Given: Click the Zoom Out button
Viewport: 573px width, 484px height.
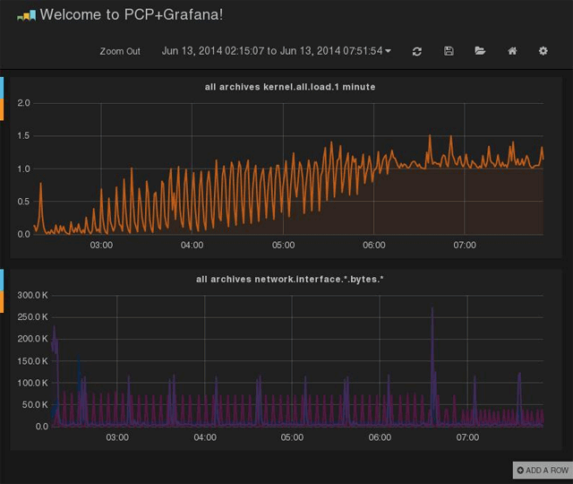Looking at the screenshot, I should (120, 51).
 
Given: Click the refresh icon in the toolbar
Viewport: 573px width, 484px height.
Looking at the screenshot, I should (417, 51).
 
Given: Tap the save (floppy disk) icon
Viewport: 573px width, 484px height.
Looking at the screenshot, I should (449, 51).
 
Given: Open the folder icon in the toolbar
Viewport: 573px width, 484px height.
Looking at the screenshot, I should (480, 51).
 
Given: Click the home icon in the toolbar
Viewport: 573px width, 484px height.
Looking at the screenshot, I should (512, 51).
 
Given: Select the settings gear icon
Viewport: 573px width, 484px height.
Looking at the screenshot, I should (543, 51).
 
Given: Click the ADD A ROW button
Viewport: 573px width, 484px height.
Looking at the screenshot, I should (542, 470).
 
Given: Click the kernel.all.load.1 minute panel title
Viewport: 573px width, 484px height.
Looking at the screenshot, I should (290, 87).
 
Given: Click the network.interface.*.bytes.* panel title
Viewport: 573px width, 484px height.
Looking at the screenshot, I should (290, 279).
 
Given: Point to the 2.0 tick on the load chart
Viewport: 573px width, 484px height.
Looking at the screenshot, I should (24, 103).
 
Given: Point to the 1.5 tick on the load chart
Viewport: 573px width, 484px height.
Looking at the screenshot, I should (24, 136).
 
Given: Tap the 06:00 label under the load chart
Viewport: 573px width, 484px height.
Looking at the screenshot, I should (374, 245).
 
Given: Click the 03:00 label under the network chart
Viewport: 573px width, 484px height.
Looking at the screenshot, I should (117, 437).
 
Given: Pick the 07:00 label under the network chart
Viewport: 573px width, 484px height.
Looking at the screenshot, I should (467, 437).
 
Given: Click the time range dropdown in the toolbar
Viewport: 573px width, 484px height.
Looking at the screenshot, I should (276, 51).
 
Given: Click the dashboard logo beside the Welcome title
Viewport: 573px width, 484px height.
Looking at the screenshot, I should (26, 15).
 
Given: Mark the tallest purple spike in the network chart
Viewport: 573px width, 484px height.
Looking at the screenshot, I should (432, 310).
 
